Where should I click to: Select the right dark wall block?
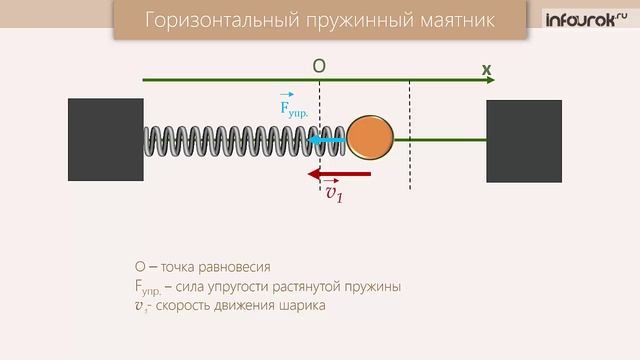(x=523, y=141)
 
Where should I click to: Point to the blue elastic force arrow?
(x=325, y=141)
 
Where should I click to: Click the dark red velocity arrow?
(x=340, y=174)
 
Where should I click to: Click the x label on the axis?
(x=486, y=69)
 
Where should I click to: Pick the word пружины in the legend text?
(x=370, y=287)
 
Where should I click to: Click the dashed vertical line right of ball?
(x=410, y=130)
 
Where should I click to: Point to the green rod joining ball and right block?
(x=440, y=140)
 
